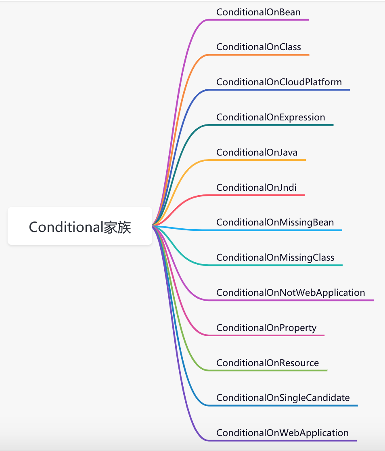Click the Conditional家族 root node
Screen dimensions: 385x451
[x=80, y=226]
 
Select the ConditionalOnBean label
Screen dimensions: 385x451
[x=258, y=12]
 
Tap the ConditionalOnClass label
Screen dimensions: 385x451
[x=258, y=47]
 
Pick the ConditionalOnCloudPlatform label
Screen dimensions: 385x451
[x=279, y=82]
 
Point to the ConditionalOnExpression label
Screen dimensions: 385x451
[x=270, y=117]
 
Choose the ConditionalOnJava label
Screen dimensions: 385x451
[x=257, y=152]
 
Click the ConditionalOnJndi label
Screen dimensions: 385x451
[x=256, y=188]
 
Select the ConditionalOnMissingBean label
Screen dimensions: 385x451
[x=275, y=223]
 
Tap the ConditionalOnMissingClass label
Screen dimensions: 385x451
[x=275, y=257]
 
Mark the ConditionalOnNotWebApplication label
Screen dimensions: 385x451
[x=291, y=293]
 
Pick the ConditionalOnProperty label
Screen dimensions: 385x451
[x=266, y=328]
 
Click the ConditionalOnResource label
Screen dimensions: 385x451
[x=268, y=363]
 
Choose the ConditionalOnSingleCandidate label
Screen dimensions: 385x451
[x=283, y=398]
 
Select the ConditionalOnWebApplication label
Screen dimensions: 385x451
[x=282, y=433]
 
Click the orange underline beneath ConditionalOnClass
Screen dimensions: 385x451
[x=258, y=55]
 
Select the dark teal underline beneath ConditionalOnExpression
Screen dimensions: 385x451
[x=270, y=125]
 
